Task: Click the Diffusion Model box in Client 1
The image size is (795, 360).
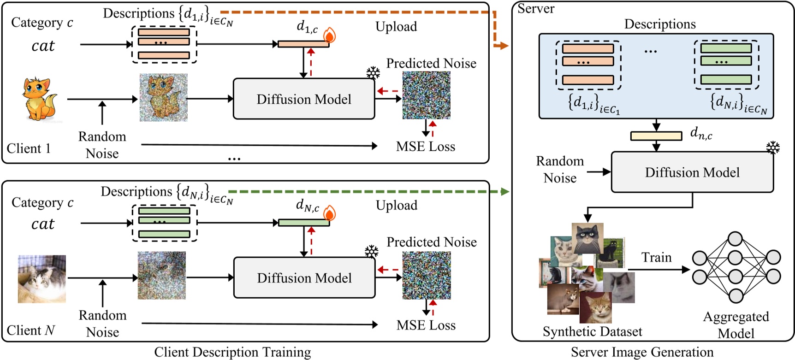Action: pyautogui.click(x=303, y=99)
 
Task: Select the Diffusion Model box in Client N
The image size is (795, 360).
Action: pyautogui.click(x=304, y=278)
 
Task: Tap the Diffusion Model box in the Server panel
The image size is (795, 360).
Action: pyautogui.click(x=692, y=172)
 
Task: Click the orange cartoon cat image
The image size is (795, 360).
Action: pyautogui.click(x=40, y=99)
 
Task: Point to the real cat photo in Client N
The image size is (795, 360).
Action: pyautogui.click(x=42, y=279)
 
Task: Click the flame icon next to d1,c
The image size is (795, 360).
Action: pyautogui.click(x=329, y=35)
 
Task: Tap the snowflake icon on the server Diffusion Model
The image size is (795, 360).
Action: pyautogui.click(x=772, y=148)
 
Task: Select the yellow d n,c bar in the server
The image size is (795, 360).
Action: pyautogui.click(x=656, y=136)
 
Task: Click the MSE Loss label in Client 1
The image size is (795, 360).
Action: pyautogui.click(x=425, y=147)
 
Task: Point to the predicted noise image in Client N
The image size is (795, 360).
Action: pyautogui.click(x=426, y=276)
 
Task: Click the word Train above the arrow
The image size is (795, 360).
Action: pyautogui.click(x=656, y=257)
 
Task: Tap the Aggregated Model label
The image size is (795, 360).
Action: pyautogui.click(x=736, y=325)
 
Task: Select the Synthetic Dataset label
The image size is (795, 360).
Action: pyautogui.click(x=592, y=331)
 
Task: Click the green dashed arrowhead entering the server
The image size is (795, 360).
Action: pyautogui.click(x=505, y=191)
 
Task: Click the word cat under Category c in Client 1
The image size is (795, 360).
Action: pyautogui.click(x=43, y=46)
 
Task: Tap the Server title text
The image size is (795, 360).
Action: pyautogui.click(x=536, y=8)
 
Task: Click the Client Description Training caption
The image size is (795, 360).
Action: pyautogui.click(x=232, y=352)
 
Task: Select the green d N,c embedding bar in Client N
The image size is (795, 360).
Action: pyautogui.click(x=304, y=223)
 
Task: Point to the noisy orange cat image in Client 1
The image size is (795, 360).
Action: pyautogui.click(x=163, y=98)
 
